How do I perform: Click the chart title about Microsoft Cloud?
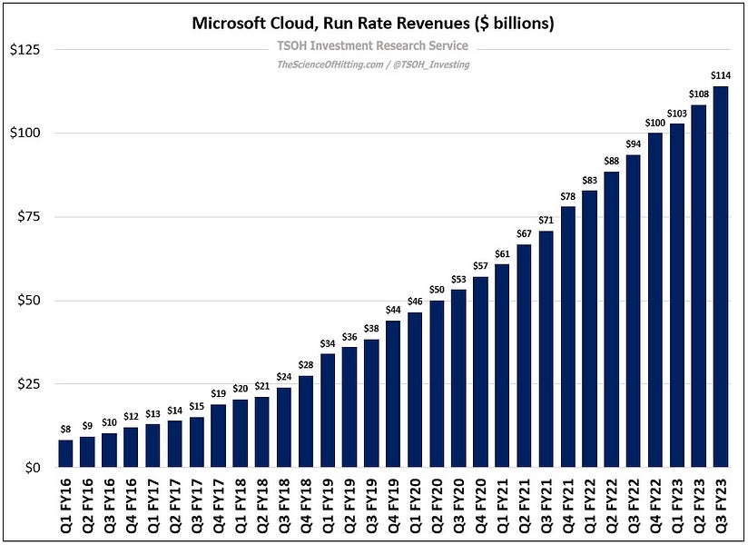pos(374,24)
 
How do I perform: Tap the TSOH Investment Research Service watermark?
pos(373,45)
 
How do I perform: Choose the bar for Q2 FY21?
pos(525,355)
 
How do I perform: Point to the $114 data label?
pos(721,76)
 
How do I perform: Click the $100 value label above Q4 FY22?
pos(655,123)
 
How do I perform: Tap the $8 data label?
pos(65,430)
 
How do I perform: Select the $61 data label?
pos(502,253)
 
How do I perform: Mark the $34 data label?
pos(328,344)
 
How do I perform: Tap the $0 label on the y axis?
pos(34,468)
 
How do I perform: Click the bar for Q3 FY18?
pos(284,427)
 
